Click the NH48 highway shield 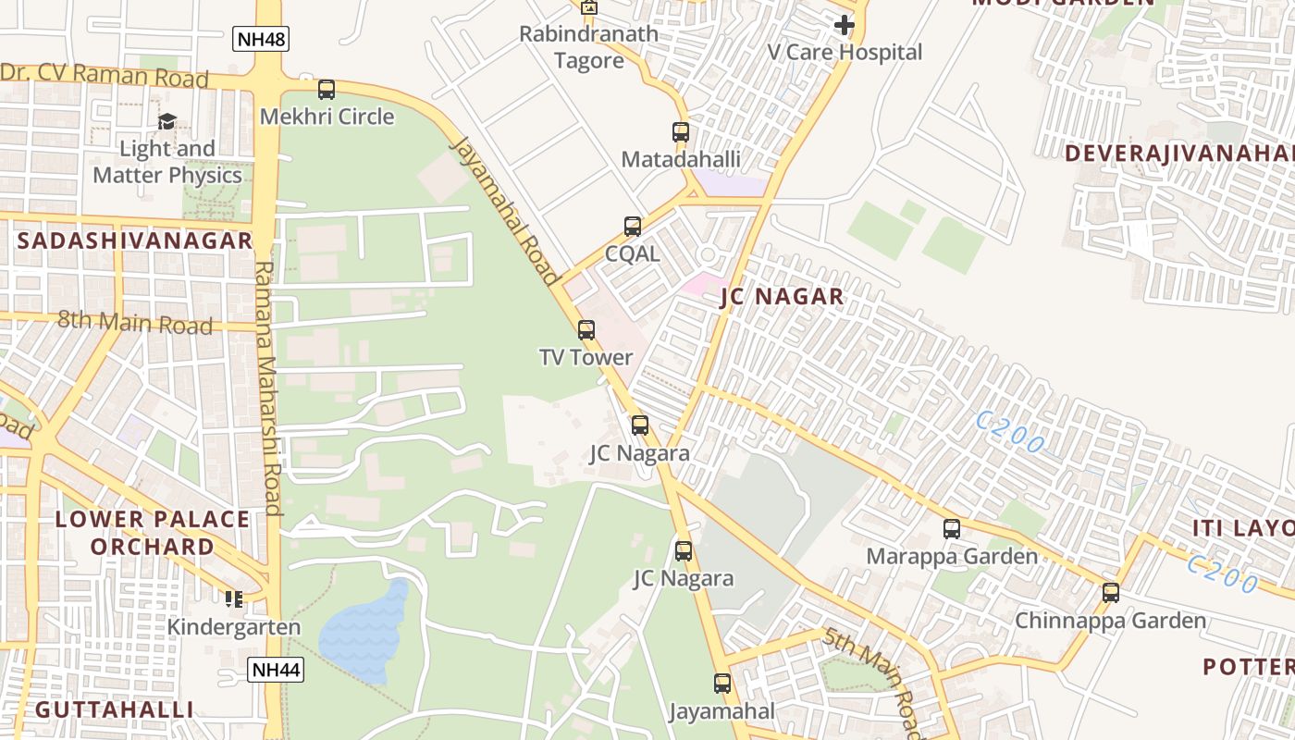click(262, 39)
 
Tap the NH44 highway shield click(276, 670)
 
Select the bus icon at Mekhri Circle click(327, 90)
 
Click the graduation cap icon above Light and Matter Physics click(166, 121)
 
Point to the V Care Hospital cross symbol click(845, 25)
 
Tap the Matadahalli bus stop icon click(681, 132)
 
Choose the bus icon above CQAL click(633, 227)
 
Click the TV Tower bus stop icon click(586, 330)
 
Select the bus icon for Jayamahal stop click(722, 684)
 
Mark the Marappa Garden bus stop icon click(952, 529)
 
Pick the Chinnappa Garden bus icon click(1111, 593)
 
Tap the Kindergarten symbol click(234, 599)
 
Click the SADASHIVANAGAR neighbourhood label click(135, 241)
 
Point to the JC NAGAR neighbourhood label click(782, 297)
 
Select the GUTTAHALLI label click(115, 710)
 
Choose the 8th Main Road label click(135, 323)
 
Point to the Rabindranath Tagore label click(589, 47)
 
